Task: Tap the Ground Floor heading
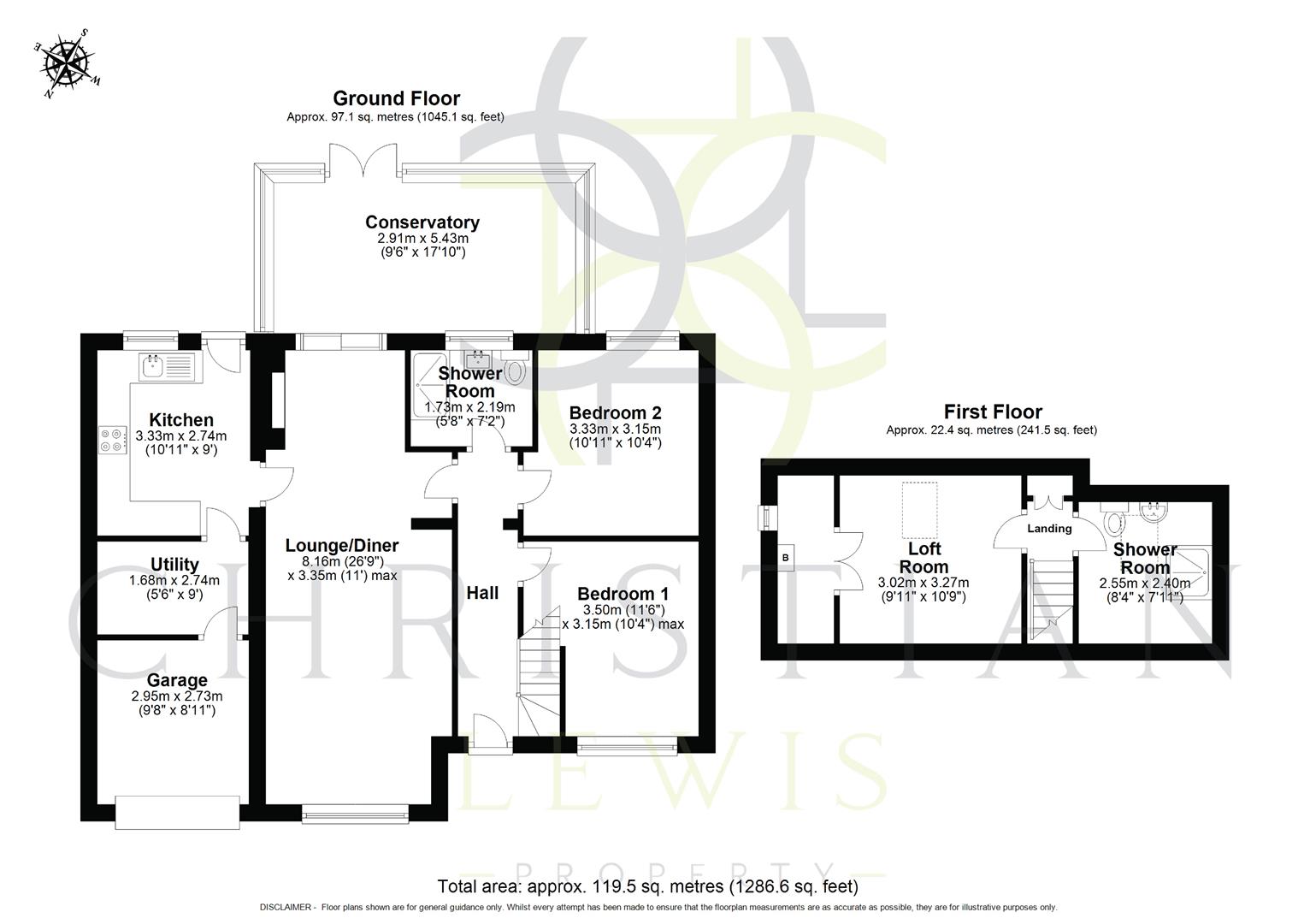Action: coord(396,98)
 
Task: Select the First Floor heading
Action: coord(992,412)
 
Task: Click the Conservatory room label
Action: coord(422,222)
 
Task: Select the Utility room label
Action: coord(174,564)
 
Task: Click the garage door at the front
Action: coord(178,812)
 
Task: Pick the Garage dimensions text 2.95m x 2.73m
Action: coord(176,696)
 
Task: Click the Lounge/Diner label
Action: coord(342,545)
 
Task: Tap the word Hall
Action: coord(482,592)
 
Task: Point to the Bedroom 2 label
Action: coord(615,411)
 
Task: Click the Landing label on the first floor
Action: coord(1048,529)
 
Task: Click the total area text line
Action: coord(647,886)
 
